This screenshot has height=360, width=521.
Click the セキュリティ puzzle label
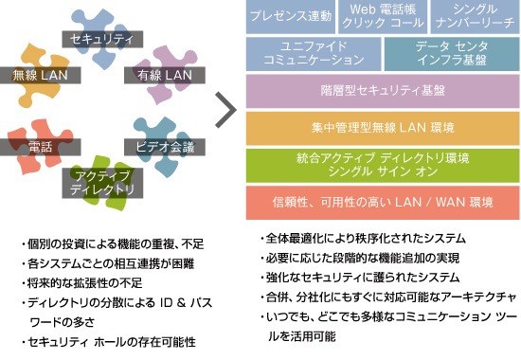point(102,39)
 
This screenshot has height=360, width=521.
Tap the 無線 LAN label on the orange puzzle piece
point(40,75)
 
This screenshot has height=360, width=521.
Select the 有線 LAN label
point(165,75)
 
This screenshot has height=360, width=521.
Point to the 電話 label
point(40,147)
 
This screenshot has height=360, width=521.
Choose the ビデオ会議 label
point(165,147)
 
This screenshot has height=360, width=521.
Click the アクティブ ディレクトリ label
point(102,183)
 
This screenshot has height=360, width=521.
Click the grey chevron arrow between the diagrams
point(225,110)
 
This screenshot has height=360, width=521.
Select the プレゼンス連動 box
point(291,17)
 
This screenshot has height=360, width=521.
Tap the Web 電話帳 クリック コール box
point(383,17)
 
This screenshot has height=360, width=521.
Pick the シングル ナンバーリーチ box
point(476,17)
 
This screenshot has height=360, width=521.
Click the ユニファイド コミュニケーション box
point(314,54)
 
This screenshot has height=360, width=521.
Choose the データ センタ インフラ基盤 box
point(452,54)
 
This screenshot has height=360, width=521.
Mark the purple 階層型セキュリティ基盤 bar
point(383,91)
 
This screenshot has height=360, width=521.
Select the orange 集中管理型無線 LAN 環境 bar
point(383,128)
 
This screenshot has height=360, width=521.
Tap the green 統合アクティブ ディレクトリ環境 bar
point(383,166)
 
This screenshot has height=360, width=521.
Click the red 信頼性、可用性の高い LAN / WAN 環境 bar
point(383,203)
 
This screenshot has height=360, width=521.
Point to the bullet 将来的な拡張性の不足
point(82,283)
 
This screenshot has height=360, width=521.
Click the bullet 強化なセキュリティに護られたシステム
point(360,278)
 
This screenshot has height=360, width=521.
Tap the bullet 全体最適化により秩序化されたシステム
point(363,239)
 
